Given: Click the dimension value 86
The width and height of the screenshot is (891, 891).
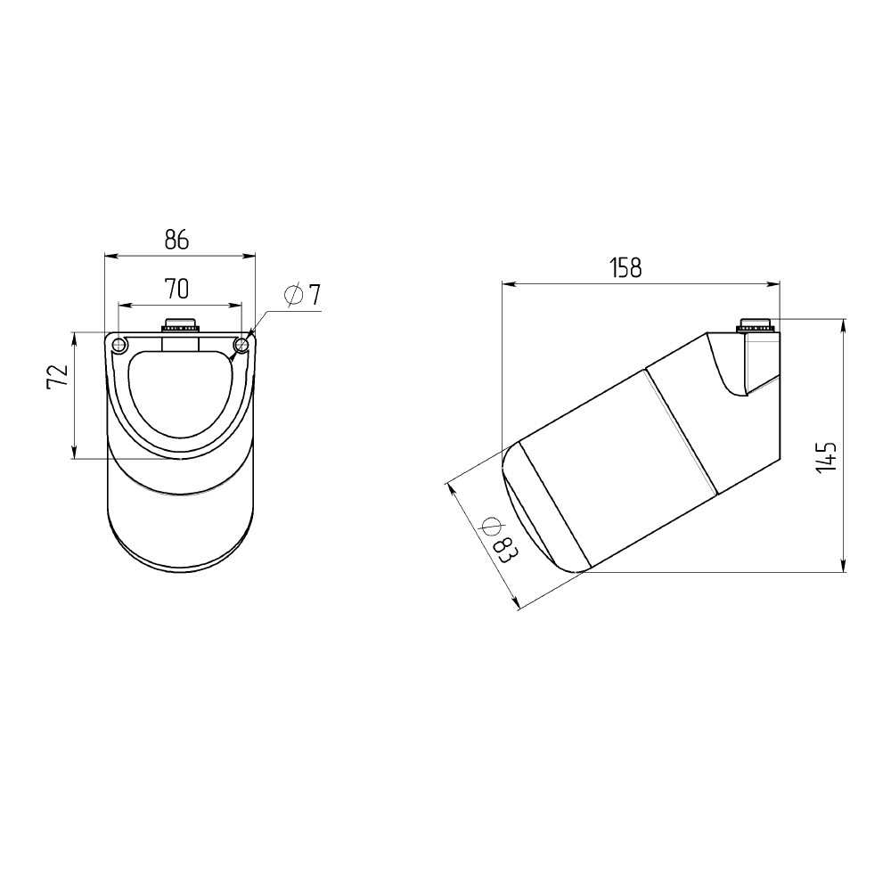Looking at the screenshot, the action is point(176,241).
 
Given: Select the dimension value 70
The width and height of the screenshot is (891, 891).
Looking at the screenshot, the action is point(176,290).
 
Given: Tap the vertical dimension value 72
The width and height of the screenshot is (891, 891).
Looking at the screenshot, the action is point(57,376).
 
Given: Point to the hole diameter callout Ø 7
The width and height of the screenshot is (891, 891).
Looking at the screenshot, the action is point(303,295).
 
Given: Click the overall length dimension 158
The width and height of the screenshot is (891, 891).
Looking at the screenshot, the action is point(625,267).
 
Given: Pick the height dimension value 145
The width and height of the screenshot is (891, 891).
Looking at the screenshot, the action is point(825,455).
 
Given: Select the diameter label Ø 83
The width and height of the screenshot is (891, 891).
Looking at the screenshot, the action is point(496,540).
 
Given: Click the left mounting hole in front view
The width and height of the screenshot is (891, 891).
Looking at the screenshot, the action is point(119,345).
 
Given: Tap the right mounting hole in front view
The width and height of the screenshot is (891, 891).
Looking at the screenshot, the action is point(241,344).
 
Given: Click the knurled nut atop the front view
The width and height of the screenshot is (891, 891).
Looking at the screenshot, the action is point(181,325).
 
